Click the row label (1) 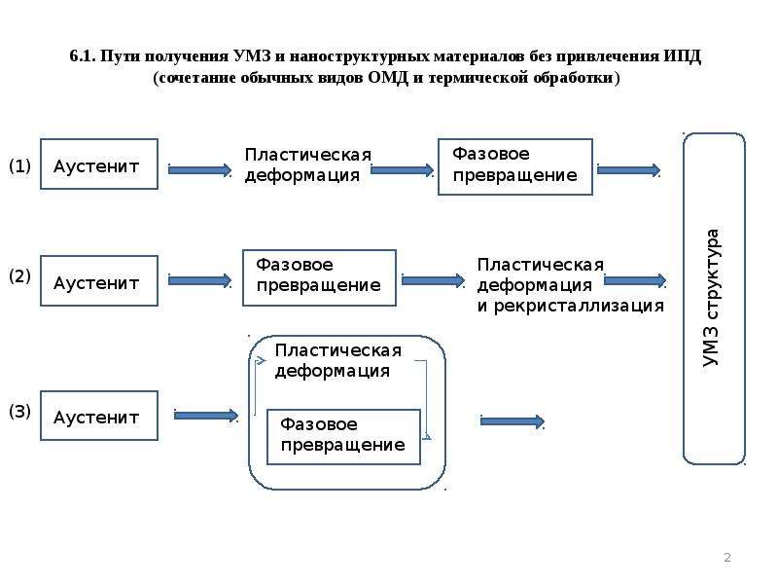[19, 165]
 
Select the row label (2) [19, 276]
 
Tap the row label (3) [19, 411]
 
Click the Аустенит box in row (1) [99, 164]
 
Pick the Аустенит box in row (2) [99, 280]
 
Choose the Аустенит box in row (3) [99, 416]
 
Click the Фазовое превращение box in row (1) [515, 166]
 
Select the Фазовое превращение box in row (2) [319, 277]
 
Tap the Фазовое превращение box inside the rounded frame [343, 437]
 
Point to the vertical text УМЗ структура [711, 298]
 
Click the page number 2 [727, 557]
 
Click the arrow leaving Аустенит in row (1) [200, 170]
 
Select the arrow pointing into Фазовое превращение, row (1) [403, 170]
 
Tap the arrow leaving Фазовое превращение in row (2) [433, 281]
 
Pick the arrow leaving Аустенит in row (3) [206, 416]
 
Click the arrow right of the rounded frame [513, 422]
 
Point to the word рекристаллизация [579, 306]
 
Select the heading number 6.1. [83, 56]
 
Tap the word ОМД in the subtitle [388, 78]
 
